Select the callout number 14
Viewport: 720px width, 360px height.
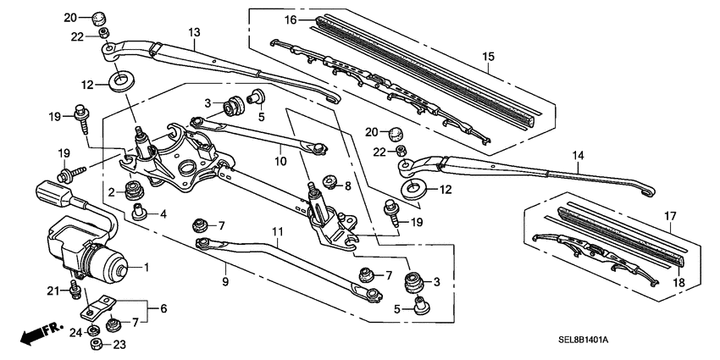(579, 156)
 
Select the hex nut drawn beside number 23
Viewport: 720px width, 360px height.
(96, 344)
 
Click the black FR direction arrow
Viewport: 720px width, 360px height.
(33, 334)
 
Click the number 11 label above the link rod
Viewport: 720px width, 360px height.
(276, 231)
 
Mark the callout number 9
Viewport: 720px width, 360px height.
(226, 280)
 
